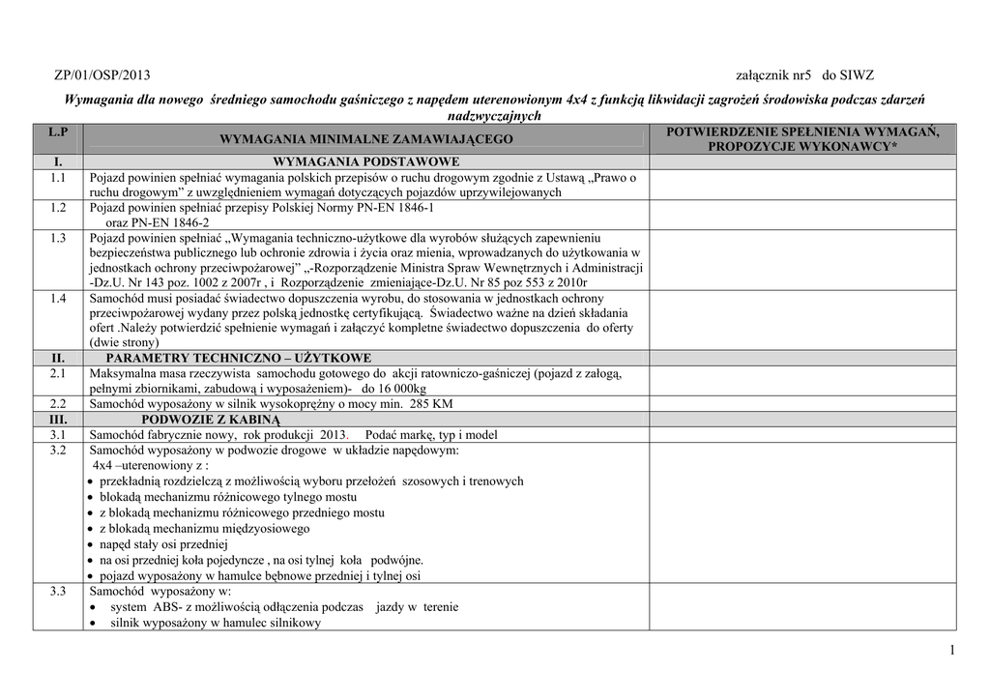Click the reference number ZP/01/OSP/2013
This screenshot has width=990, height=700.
[x=102, y=75]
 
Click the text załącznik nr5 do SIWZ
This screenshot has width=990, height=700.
[x=804, y=75]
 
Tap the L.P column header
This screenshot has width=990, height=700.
[x=58, y=131]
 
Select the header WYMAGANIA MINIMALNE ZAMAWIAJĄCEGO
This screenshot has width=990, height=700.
[x=366, y=140]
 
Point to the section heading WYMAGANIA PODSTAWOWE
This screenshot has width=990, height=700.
[x=366, y=161]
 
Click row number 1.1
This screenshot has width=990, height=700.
[x=58, y=178]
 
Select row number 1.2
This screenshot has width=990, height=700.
[x=58, y=208]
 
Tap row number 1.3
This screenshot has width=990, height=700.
[x=58, y=237]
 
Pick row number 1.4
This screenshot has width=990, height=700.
[x=58, y=299]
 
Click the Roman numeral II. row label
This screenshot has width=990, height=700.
[x=58, y=358]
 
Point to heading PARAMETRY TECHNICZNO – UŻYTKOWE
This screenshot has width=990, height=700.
[x=239, y=358]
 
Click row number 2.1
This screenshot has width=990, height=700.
[x=58, y=373]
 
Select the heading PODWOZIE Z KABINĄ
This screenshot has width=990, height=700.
[x=210, y=420]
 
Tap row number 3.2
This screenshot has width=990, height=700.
[x=58, y=451]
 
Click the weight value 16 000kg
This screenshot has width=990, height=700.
[x=422, y=389]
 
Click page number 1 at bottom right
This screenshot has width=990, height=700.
[x=951, y=651]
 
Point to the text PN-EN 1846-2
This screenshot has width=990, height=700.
[x=157, y=222]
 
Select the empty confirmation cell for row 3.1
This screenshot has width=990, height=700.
[x=802, y=435]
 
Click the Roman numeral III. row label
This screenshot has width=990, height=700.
[x=58, y=420]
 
